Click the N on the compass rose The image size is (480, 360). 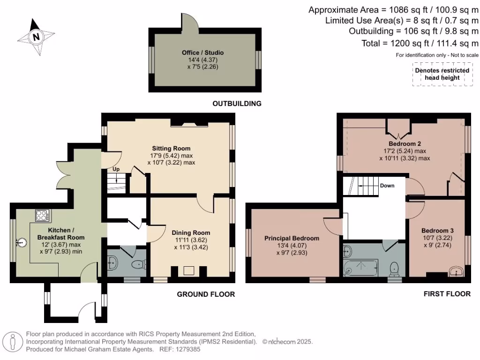click(36, 37)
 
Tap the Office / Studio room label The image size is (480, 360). click(202, 52)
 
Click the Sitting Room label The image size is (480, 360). click(171, 149)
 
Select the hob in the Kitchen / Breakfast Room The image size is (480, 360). click(43, 215)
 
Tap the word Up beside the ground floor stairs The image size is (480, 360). click(116, 169)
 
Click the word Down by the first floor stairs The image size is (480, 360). click(387, 186)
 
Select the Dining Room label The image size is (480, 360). click(191, 232)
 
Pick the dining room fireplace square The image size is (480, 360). click(188, 270)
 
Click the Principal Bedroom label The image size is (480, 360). click(292, 238)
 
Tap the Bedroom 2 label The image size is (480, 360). click(405, 143)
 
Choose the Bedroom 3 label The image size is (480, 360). click(437, 231)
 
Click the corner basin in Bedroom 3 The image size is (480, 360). click(457, 271)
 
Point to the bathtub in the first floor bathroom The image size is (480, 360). click(361, 268)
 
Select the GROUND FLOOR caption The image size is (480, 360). click(206, 294)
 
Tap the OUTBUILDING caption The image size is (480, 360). click(237, 104)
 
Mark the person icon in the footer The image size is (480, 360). click(13, 342)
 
